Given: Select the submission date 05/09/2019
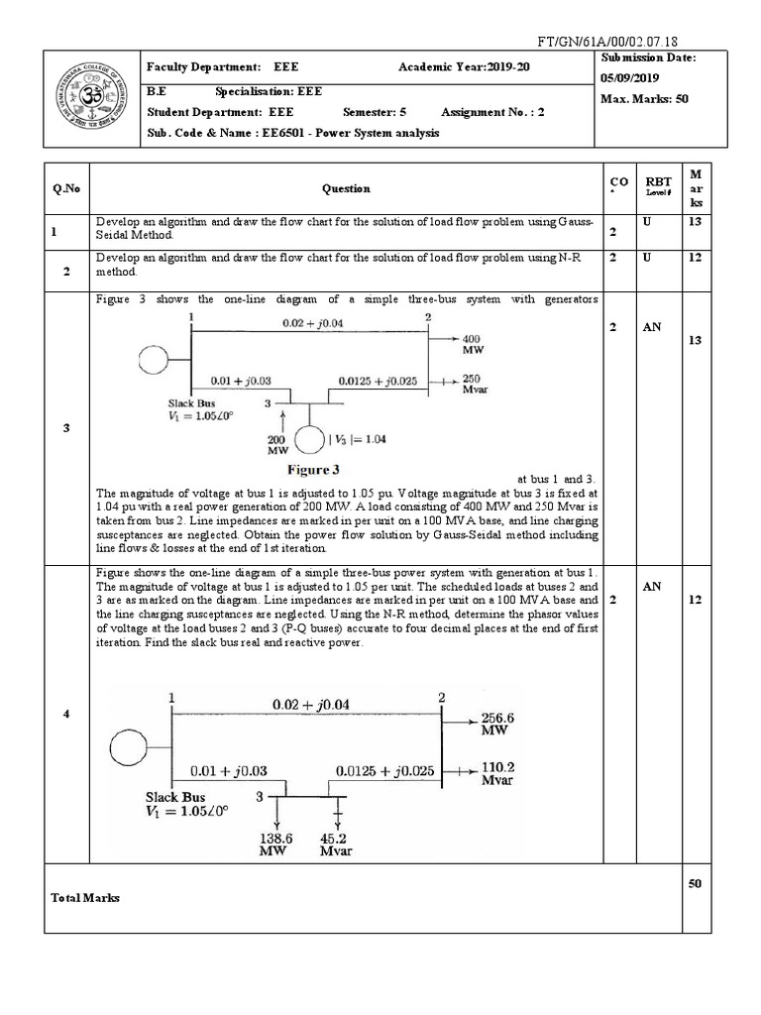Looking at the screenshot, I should coord(632,78).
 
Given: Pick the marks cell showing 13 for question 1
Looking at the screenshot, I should coord(695,223).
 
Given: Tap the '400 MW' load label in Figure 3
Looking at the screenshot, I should coord(473,345).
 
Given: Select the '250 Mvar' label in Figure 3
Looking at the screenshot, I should coord(473,385).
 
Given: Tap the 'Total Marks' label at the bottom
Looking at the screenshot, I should coord(85,897).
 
